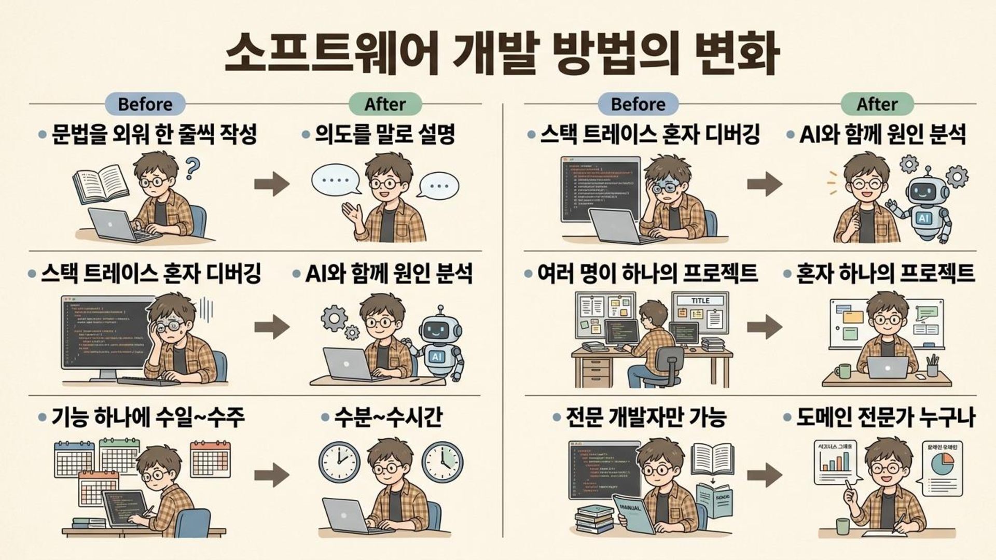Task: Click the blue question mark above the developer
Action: point(192,168)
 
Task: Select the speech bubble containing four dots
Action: point(335,181)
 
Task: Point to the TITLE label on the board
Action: point(700,301)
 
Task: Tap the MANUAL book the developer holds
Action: point(634,513)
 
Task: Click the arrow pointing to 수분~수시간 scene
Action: point(272,474)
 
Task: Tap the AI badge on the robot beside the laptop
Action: point(437,357)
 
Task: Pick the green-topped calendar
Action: point(119,455)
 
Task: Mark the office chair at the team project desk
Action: point(666,366)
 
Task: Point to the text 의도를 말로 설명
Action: point(384,135)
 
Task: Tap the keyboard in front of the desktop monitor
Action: point(148,382)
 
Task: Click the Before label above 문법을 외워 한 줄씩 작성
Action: point(145,104)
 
